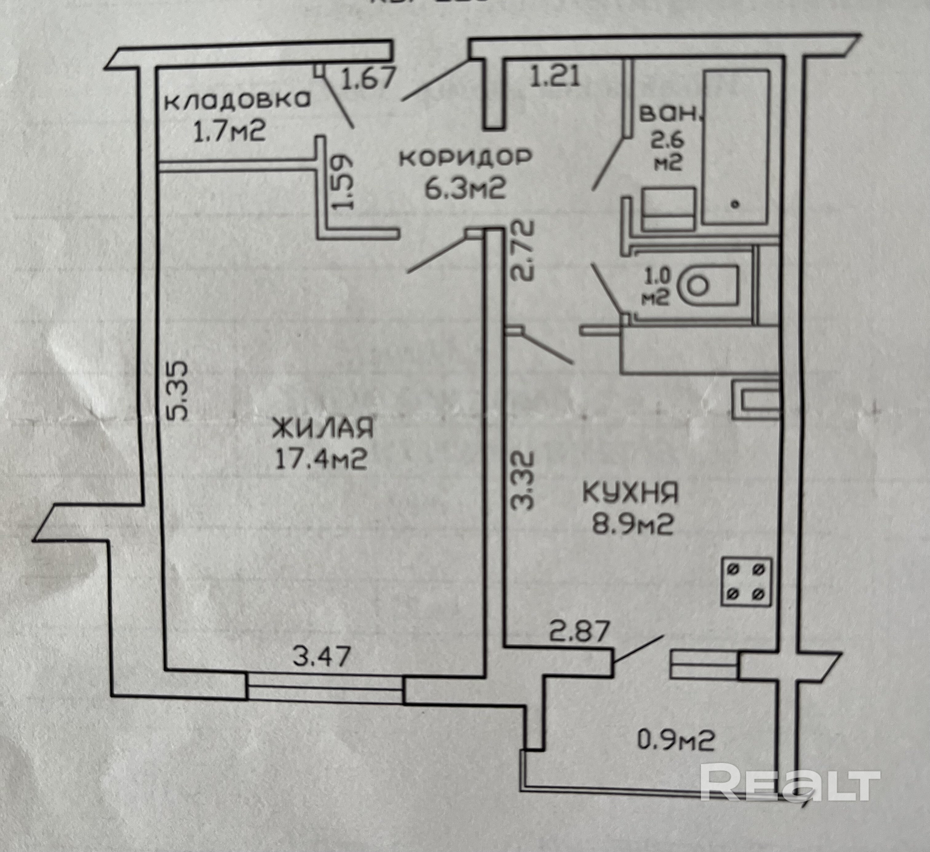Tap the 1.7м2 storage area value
(x=229, y=134)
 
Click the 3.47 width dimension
(x=322, y=656)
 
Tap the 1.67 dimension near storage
(x=368, y=77)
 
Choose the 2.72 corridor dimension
(x=523, y=251)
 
